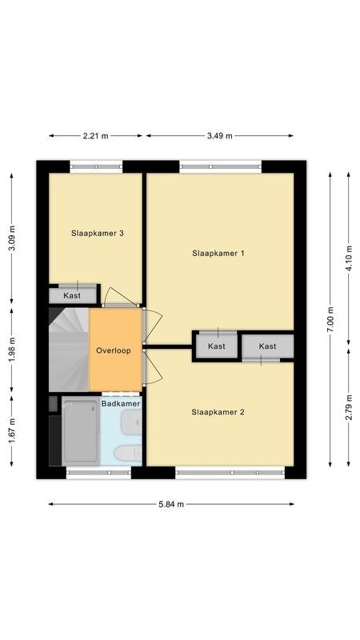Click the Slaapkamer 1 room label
pyautogui.click(x=218, y=253)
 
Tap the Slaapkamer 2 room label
pyautogui.click(x=218, y=413)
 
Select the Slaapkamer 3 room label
pyautogui.click(x=98, y=234)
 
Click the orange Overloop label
pyautogui.click(x=114, y=350)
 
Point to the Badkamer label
pyautogui.click(x=121, y=404)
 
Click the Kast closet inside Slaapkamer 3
pyautogui.click(x=73, y=296)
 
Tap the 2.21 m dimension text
pyautogui.click(x=96, y=135)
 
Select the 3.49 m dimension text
pyautogui.click(x=218, y=135)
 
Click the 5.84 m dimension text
pyautogui.click(x=170, y=504)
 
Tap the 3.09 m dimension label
pyautogui.click(x=11, y=236)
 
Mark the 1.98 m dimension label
pyautogui.click(x=11, y=350)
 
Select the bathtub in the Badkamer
pyautogui.click(x=81, y=432)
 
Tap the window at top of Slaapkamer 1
pyautogui.click(x=220, y=166)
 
